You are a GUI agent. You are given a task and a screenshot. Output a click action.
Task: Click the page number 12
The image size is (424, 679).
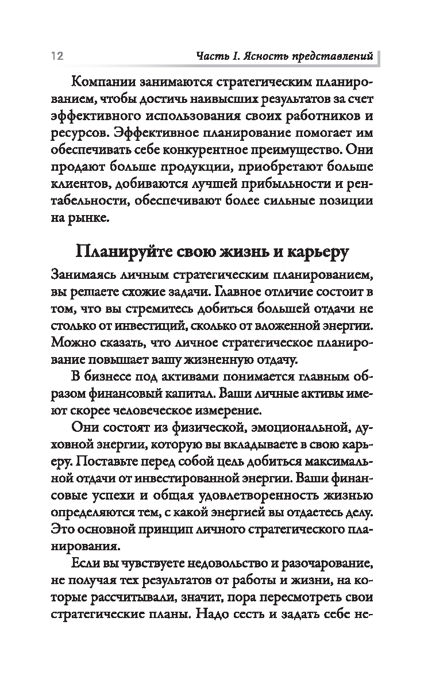pyautogui.click(x=56, y=56)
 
